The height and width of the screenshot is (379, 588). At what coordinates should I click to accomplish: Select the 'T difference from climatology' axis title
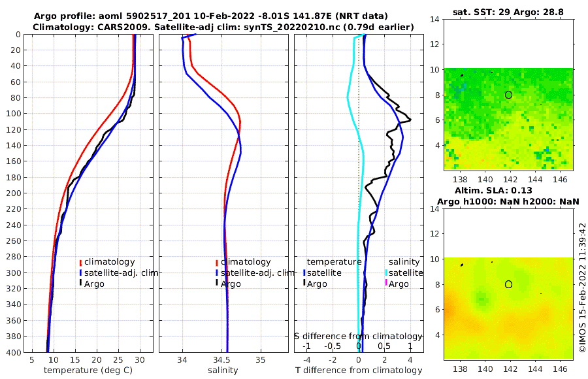tap(358, 371)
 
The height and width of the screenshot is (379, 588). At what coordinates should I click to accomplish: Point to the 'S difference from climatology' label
tap(358, 335)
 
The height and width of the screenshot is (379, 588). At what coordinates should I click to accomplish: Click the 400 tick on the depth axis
tap(12, 352)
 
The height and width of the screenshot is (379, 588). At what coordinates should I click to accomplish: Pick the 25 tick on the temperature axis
tap(118, 359)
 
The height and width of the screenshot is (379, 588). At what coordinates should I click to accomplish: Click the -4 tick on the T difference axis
tap(306, 359)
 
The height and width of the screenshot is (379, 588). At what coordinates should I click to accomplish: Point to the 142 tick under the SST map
tap(510, 178)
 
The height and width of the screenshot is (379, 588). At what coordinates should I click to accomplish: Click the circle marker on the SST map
tap(508, 95)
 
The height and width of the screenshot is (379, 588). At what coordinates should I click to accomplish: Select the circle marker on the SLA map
tap(508, 284)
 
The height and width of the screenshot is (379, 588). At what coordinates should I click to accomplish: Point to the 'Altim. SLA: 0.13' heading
tap(508, 190)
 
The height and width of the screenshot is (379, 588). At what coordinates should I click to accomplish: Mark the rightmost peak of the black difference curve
tap(410, 120)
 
